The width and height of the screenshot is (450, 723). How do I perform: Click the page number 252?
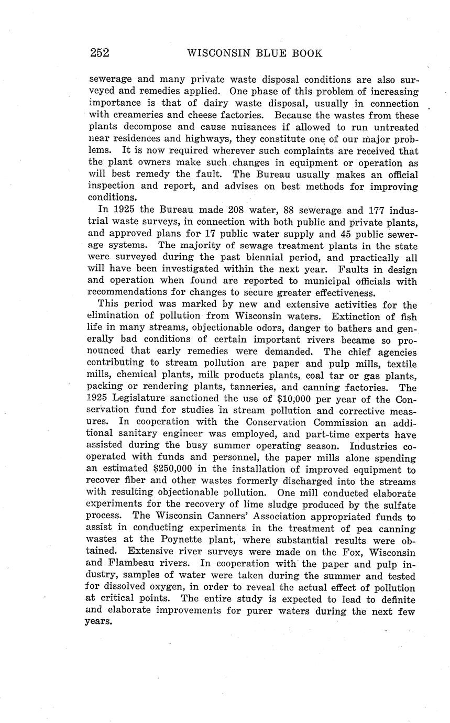point(99,53)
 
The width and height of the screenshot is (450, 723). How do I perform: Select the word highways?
point(205,139)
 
